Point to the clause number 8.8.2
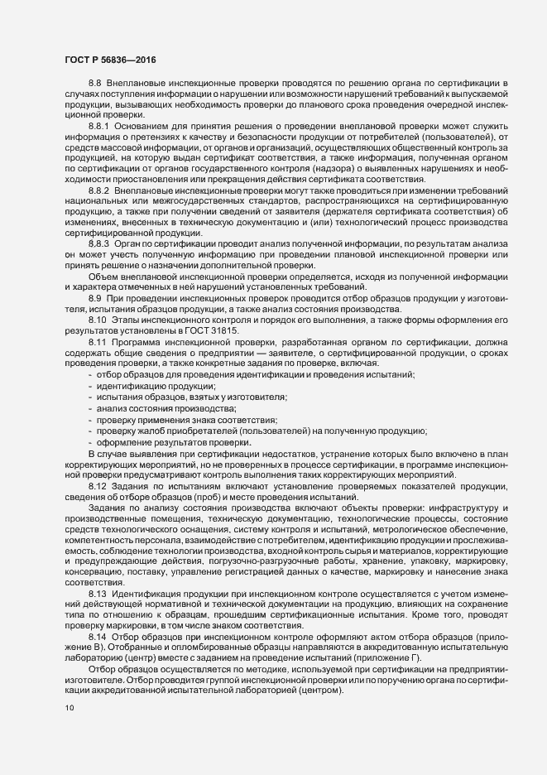(x=99, y=190)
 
